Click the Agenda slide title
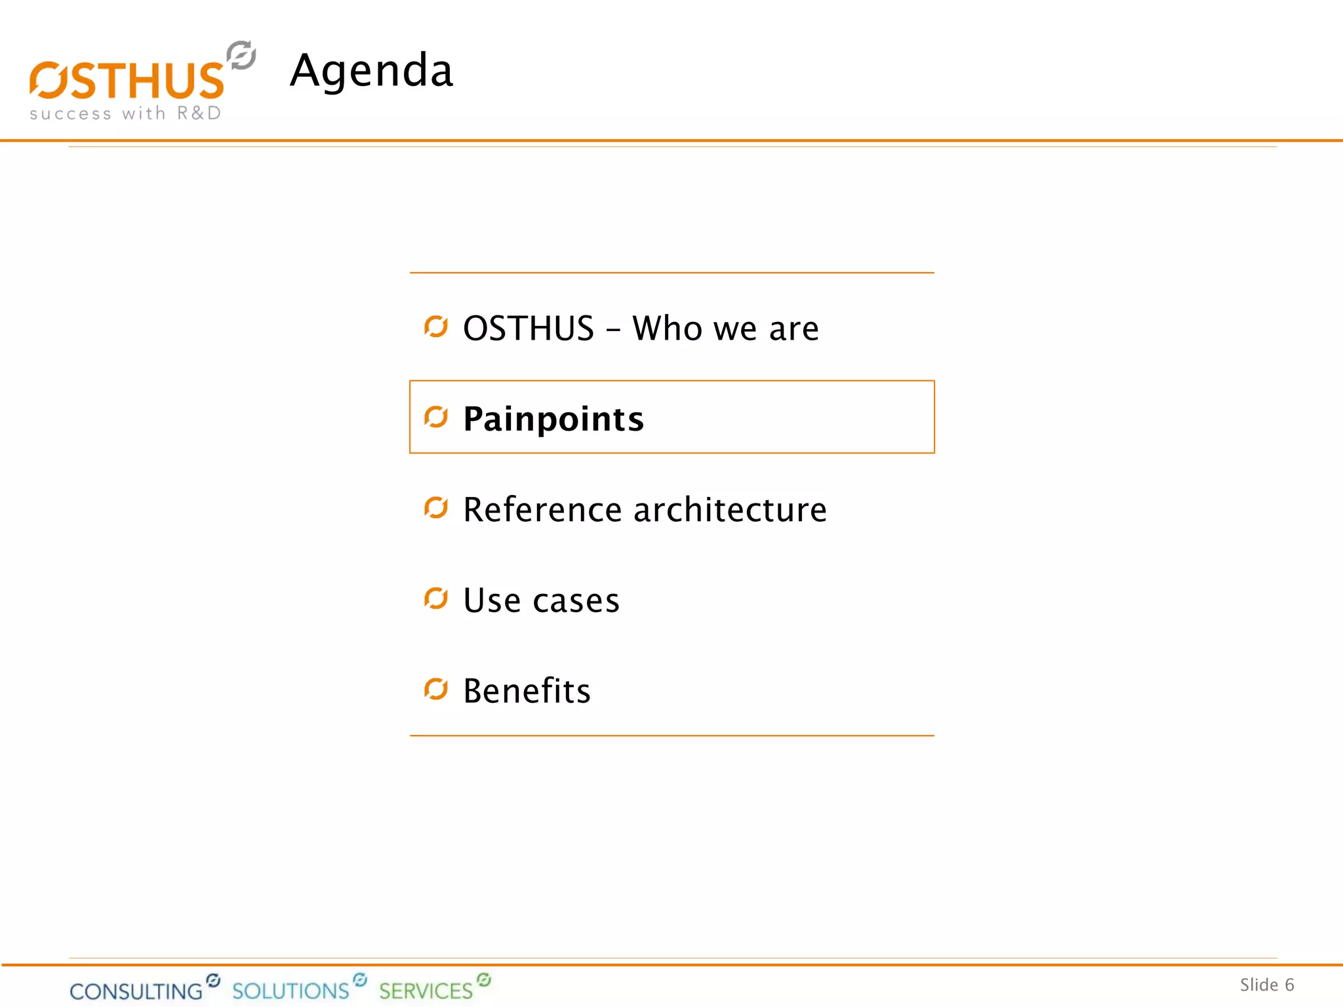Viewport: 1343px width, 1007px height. (x=371, y=70)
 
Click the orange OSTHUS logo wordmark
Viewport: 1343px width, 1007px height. (x=127, y=81)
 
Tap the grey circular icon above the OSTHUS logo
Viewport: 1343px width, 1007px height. (x=241, y=55)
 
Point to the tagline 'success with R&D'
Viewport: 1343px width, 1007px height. (x=125, y=113)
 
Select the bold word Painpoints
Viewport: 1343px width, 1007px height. (x=553, y=419)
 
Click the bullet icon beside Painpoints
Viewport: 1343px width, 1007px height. (x=436, y=417)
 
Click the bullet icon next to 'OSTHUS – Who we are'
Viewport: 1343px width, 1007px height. (x=436, y=326)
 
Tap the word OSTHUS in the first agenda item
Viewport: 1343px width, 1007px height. (x=529, y=328)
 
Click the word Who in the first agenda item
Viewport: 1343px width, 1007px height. (x=667, y=328)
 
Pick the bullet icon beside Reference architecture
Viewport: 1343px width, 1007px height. (x=436, y=507)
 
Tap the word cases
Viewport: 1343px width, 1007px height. (x=576, y=601)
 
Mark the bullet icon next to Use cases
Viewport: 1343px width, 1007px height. (x=436, y=598)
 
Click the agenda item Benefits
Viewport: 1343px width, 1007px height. (x=527, y=690)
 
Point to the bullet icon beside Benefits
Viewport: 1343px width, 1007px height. (x=436, y=688)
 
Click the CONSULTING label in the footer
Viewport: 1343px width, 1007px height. (x=136, y=991)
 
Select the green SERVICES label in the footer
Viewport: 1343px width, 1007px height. (x=426, y=991)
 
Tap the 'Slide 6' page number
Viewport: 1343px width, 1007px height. (x=1266, y=985)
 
